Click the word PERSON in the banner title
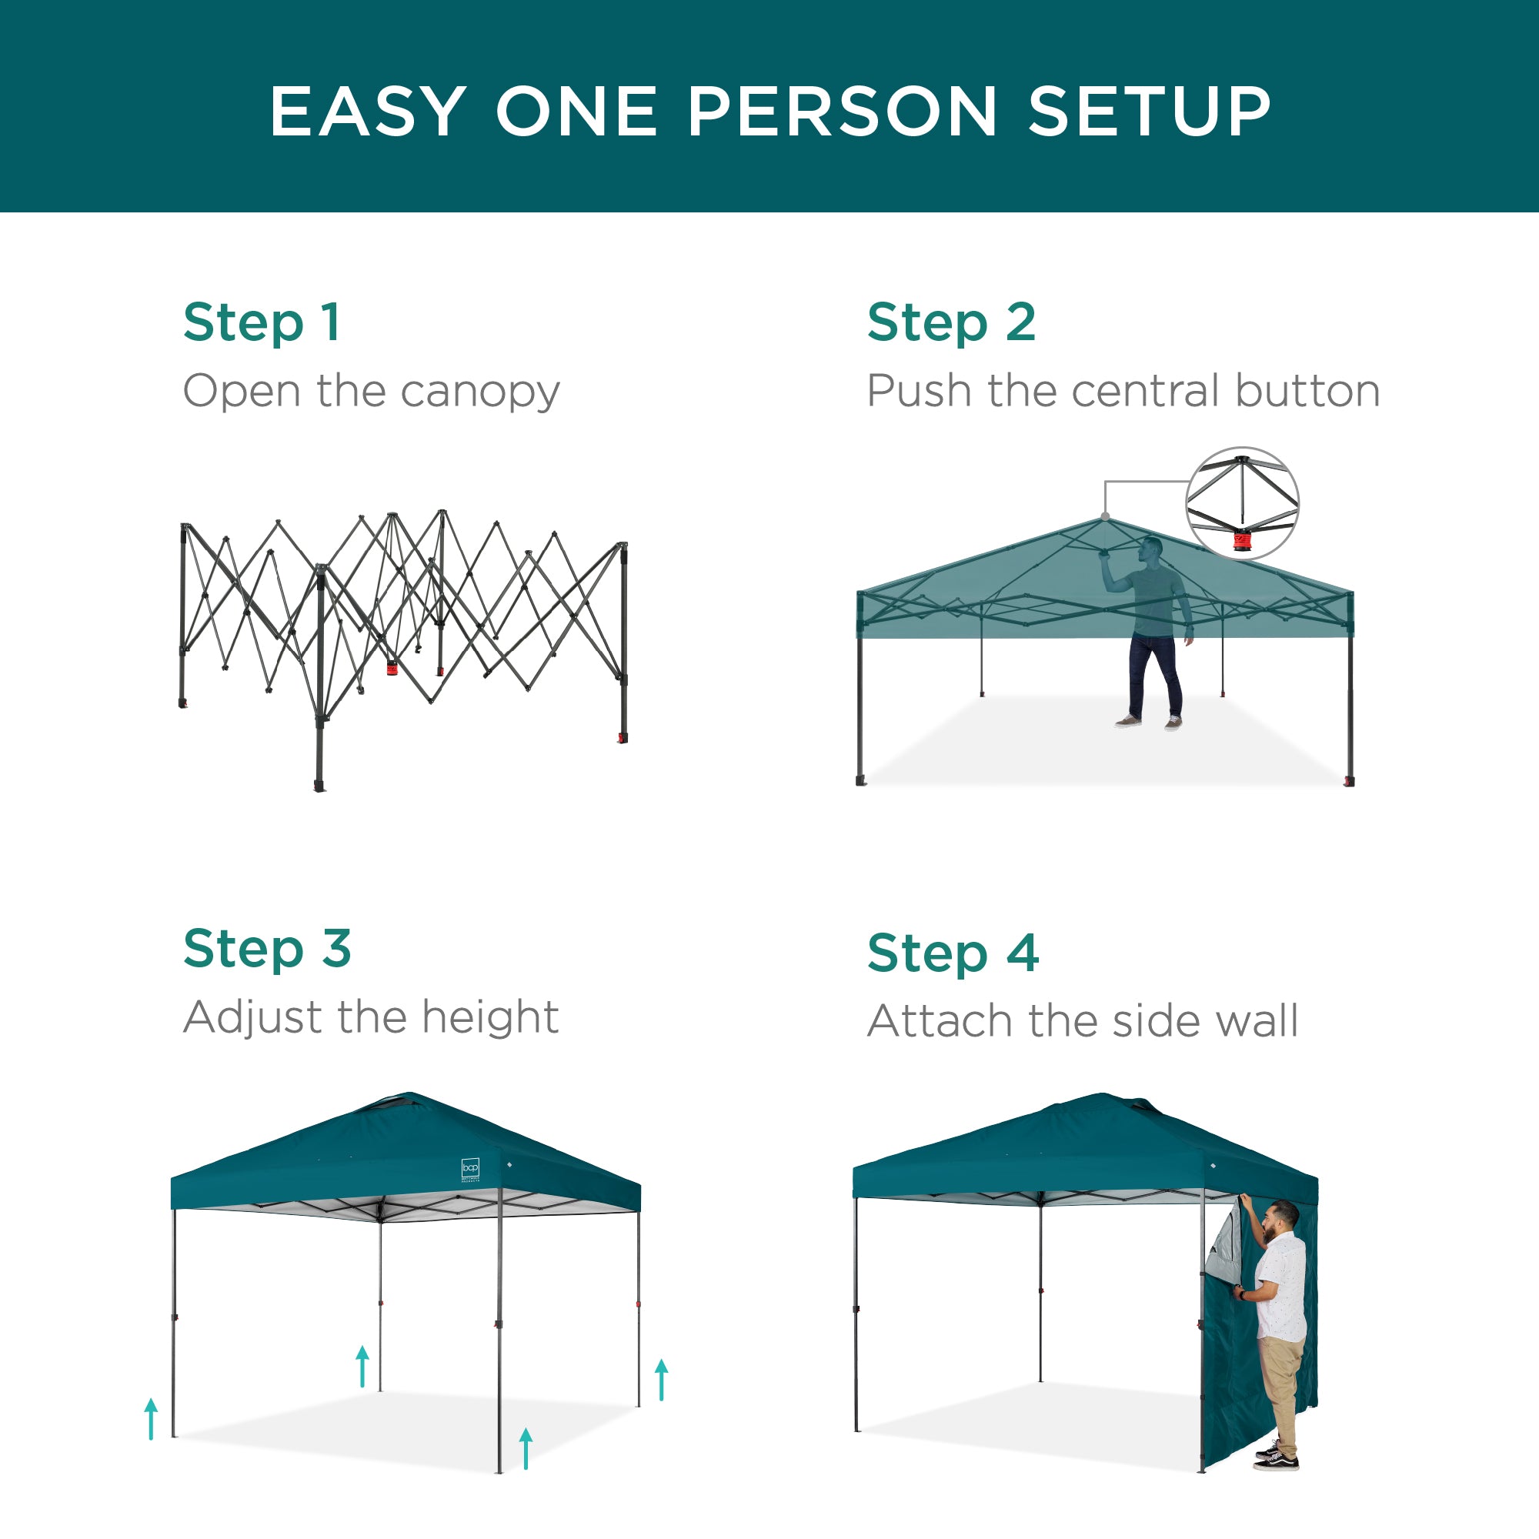point(842,112)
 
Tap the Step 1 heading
point(262,322)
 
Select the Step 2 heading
point(951,322)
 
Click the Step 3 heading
point(267,948)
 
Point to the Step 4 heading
point(953,953)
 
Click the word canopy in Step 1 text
point(480,392)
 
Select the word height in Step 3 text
point(490,1017)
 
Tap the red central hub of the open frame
point(392,667)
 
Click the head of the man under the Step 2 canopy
point(1150,549)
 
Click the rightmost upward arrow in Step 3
point(661,1380)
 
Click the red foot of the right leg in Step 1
point(622,739)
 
